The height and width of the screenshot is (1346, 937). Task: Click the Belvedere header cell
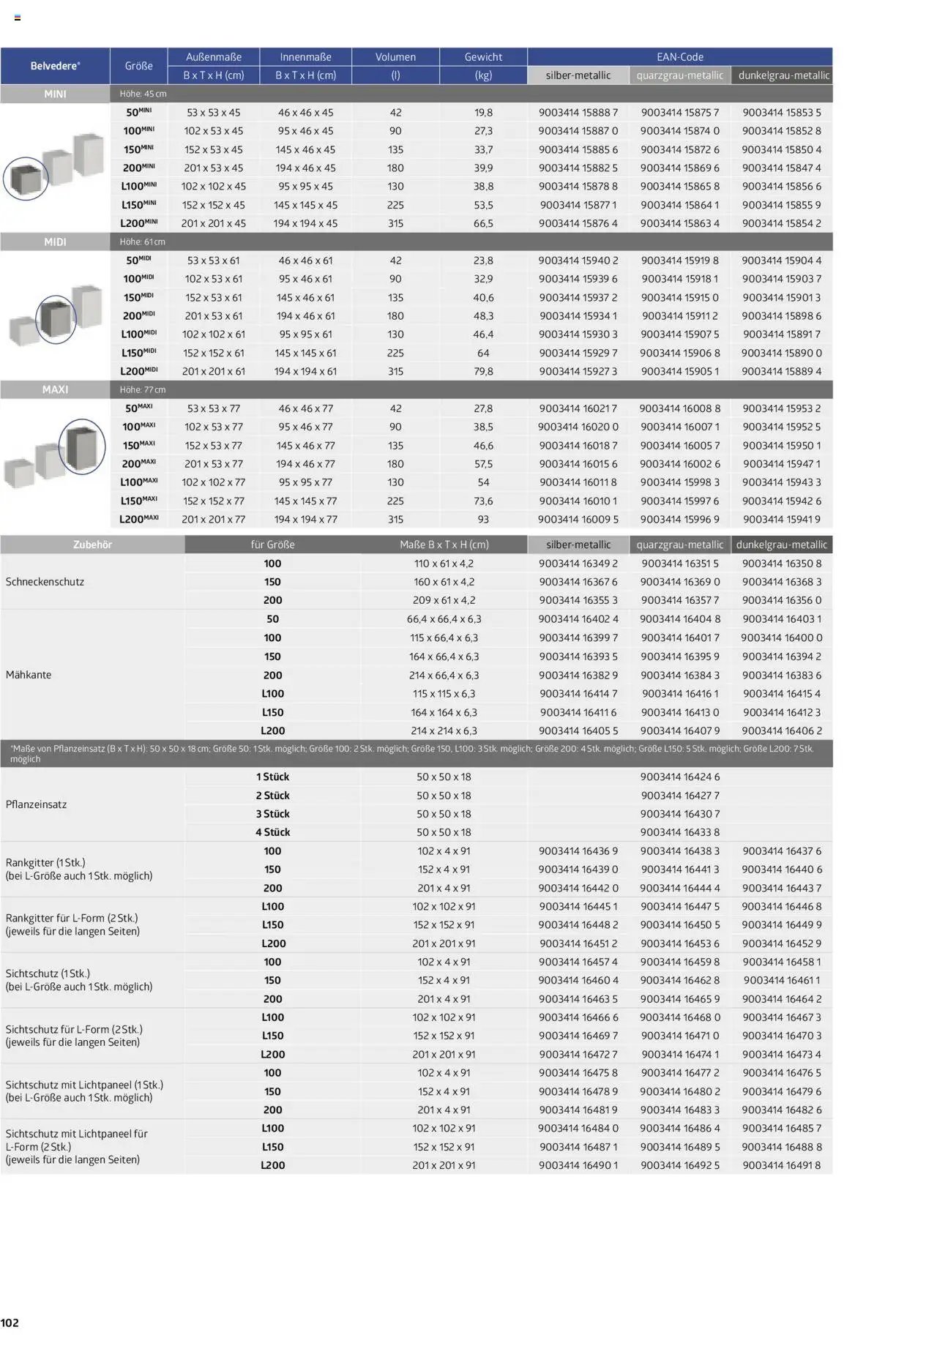[55, 66]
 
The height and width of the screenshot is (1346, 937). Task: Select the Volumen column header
[395, 57]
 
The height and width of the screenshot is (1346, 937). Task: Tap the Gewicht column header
[483, 57]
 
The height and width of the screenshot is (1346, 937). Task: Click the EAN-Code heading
[679, 57]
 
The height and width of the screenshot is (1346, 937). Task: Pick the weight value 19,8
[483, 113]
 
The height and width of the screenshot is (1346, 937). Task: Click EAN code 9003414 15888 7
[578, 113]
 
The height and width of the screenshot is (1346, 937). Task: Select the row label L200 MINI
[139, 223]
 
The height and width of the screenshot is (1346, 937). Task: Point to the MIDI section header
[55, 242]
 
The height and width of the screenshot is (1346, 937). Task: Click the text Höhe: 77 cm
[143, 390]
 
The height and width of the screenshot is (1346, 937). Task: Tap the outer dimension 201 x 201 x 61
[213, 371]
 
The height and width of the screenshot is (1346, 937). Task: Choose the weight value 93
[483, 519]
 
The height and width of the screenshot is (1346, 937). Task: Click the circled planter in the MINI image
[26, 178]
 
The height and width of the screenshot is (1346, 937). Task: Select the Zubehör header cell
[92, 545]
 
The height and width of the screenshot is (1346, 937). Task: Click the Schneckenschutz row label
[45, 582]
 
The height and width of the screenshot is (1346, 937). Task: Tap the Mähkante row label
[29, 675]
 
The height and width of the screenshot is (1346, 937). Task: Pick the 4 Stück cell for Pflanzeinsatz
[272, 832]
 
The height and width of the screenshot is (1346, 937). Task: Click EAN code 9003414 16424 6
[679, 777]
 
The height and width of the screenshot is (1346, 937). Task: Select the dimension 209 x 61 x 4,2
[444, 600]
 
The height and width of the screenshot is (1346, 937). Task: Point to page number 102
[10, 1323]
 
